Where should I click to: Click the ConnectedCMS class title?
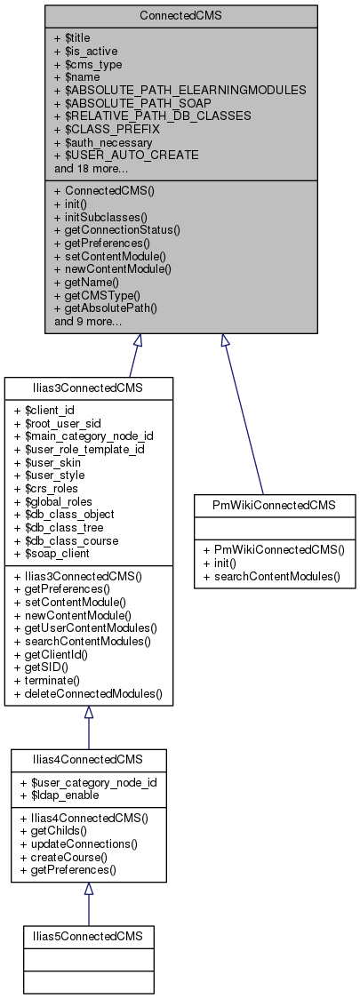pyautogui.click(x=180, y=17)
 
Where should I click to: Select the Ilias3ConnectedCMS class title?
pyautogui.click(x=88, y=388)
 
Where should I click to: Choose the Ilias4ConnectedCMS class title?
pyautogui.click(x=88, y=761)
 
